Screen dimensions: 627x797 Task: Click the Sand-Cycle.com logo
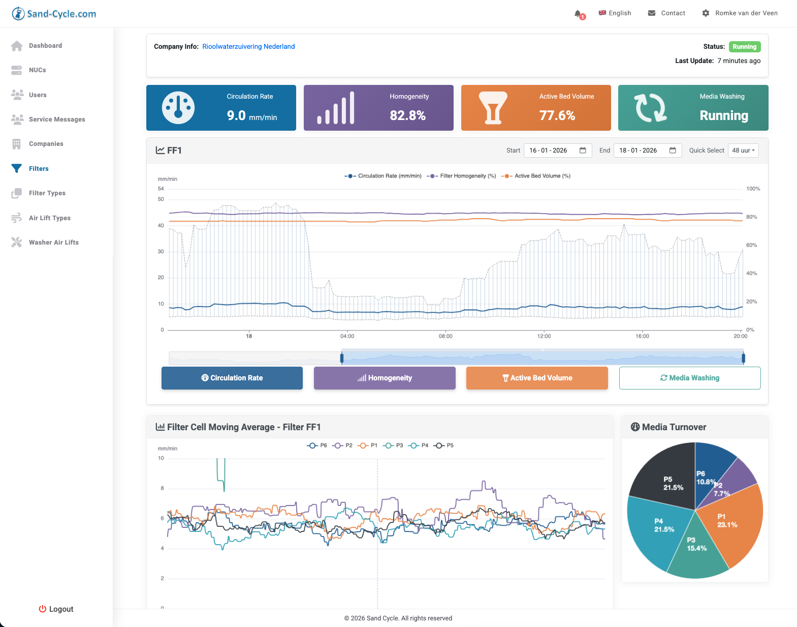54,14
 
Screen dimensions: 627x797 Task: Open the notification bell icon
578,14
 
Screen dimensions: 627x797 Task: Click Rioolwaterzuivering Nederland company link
248,46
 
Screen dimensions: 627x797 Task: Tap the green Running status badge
744,47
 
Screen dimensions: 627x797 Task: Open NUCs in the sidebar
37,70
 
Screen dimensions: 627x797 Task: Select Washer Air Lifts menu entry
53,243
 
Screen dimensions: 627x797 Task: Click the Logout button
56,609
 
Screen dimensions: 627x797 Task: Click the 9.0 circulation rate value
236,115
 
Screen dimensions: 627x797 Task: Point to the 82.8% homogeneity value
407,115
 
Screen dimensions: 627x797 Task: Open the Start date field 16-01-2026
557,151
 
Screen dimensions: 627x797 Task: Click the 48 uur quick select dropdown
743,151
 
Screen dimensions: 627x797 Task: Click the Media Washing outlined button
689,378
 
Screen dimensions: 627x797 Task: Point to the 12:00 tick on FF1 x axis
544,336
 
